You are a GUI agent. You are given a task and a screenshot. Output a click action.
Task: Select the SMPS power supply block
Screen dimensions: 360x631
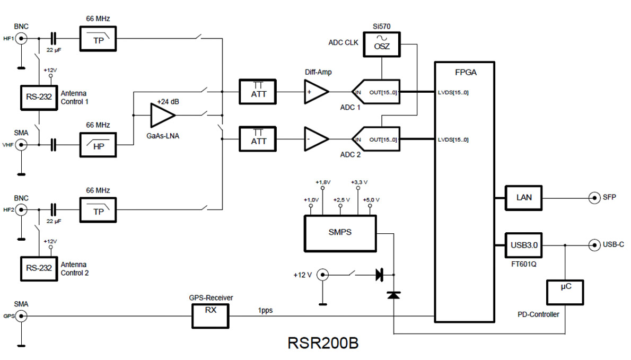coord(340,232)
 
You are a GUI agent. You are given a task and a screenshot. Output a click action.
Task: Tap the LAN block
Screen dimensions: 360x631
coord(524,198)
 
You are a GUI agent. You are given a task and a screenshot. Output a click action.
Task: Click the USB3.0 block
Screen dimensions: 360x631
coord(524,245)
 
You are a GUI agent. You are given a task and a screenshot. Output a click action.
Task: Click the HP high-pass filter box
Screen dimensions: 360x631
coord(99,144)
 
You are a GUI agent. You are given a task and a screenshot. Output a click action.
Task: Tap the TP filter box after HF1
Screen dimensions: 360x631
coord(99,39)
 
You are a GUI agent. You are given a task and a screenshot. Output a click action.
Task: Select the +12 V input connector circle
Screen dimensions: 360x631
coord(321,275)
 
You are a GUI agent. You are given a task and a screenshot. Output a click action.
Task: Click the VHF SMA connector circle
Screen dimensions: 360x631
coord(21,144)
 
